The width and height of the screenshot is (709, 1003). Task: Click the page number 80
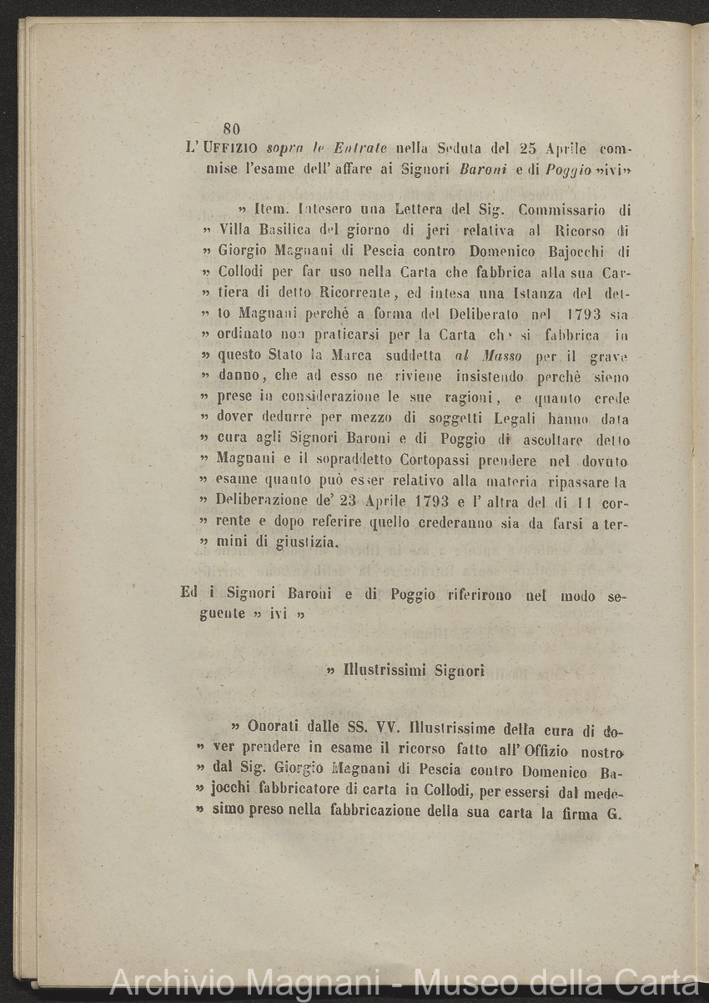232,129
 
